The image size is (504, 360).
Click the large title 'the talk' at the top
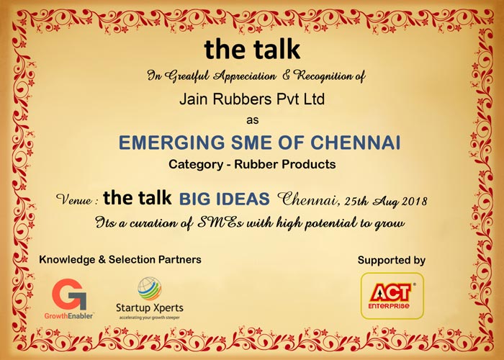point(252,49)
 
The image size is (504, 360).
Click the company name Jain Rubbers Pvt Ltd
point(252,99)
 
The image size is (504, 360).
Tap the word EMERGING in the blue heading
point(171,143)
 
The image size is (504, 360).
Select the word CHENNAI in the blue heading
point(356,143)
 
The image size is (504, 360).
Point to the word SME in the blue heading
point(252,143)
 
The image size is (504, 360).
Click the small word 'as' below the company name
point(252,120)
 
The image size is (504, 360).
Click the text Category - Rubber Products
point(252,165)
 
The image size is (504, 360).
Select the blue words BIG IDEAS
point(225,199)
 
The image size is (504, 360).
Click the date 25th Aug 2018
point(386,201)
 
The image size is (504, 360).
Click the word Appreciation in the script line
point(245,76)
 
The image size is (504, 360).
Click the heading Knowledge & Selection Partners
point(120,259)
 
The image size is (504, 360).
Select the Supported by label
point(392,260)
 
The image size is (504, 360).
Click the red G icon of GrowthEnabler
point(69,294)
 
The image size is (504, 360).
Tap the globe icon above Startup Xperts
point(150,289)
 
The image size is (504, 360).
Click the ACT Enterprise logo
point(392,296)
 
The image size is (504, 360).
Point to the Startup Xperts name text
point(150,308)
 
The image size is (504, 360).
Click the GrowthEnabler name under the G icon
point(68,316)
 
